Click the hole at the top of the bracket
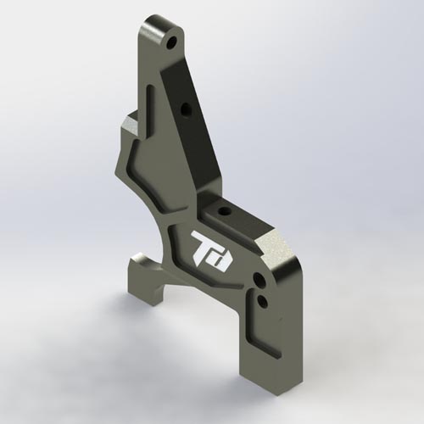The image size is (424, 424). click(x=172, y=40)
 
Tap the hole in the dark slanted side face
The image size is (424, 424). click(x=185, y=109)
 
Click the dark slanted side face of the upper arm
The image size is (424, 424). click(x=193, y=127)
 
